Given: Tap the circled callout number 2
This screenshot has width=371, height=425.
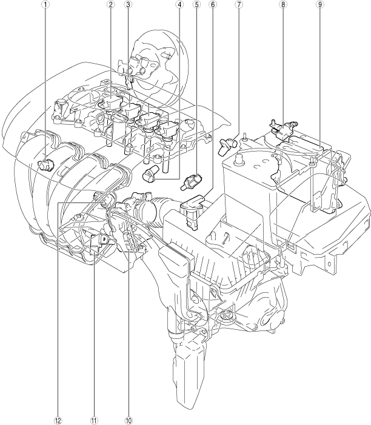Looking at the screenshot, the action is click(110, 4).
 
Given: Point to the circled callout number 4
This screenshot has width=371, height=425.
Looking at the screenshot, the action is click(179, 4).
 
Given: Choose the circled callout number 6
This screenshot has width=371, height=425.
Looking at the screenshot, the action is click(213, 4).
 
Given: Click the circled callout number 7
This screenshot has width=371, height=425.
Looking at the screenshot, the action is click(239, 4).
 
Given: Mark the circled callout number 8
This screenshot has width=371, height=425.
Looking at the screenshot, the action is click(283, 4).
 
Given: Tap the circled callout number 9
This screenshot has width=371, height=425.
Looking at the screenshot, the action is click(320, 4).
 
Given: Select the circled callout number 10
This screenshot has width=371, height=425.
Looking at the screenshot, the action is click(129, 420).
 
